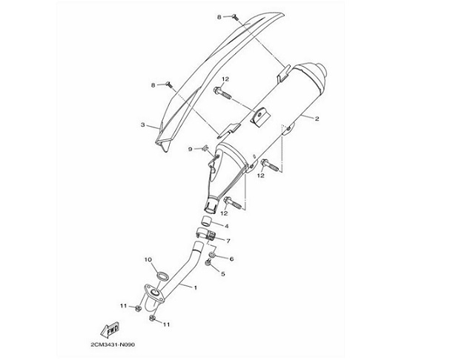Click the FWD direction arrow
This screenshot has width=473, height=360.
[x=110, y=330]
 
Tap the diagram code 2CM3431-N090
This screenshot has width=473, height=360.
[x=113, y=344]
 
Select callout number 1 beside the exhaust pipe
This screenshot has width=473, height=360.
[x=196, y=287]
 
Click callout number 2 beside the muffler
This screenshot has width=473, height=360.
[x=317, y=119]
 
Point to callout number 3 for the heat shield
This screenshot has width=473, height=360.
[x=142, y=124]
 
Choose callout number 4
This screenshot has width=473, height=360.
[x=226, y=226]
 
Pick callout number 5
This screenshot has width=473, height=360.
[x=223, y=274]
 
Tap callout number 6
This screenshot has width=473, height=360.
[x=231, y=259]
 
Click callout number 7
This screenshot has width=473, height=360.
[x=228, y=241]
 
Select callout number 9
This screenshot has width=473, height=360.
[x=190, y=149]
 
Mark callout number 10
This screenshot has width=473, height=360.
[x=148, y=259]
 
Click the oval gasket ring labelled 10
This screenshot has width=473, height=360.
[x=162, y=276]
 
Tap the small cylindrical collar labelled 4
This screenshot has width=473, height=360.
[x=207, y=221]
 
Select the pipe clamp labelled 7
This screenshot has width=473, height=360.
[x=205, y=235]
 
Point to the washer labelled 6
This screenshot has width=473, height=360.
[x=213, y=256]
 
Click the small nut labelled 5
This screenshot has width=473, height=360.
[x=208, y=263]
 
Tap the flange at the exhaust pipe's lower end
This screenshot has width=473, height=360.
[x=154, y=293]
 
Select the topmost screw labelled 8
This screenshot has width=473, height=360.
[x=235, y=18]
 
